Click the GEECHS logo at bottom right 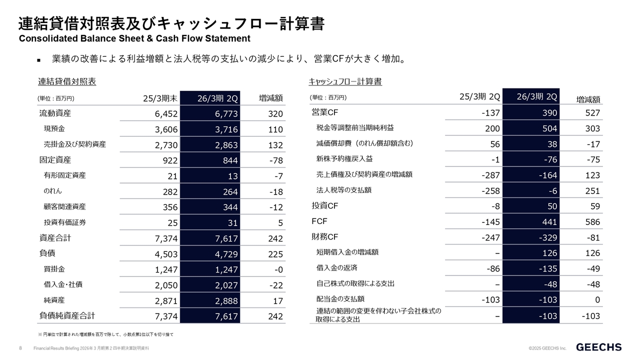point(599,347)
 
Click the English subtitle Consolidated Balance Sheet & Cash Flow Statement point(134,38)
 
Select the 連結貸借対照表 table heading point(67,81)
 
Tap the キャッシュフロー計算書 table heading point(345,81)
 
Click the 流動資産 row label point(55,113)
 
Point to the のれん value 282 point(166,192)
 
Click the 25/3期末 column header point(160,98)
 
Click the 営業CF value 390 point(549,113)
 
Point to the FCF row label point(319,221)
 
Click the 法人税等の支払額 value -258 point(490,190)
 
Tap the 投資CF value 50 point(551,206)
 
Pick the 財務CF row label point(325,236)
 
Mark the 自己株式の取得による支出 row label point(355,283)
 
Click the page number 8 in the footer point(20,347)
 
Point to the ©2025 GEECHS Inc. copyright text point(547,348)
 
